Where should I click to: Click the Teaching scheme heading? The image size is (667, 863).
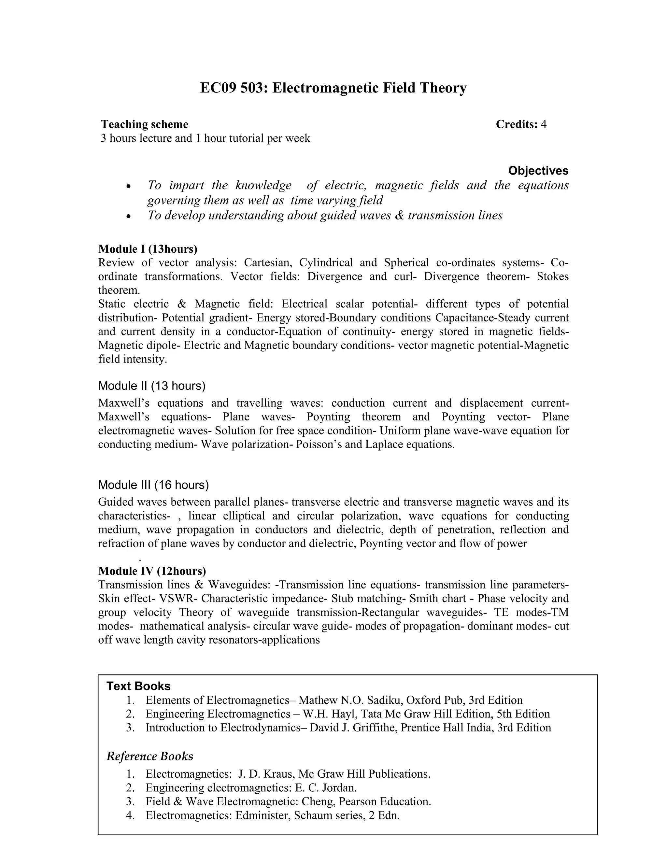coord(145,124)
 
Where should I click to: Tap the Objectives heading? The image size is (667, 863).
coord(538,171)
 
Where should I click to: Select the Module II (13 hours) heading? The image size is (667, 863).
coord(152,386)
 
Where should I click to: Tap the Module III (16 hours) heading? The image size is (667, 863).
coord(153,485)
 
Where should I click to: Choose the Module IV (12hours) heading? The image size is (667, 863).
coord(152,571)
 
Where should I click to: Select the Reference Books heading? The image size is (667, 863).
coord(150,756)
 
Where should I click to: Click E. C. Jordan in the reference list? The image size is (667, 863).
coord(326,788)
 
